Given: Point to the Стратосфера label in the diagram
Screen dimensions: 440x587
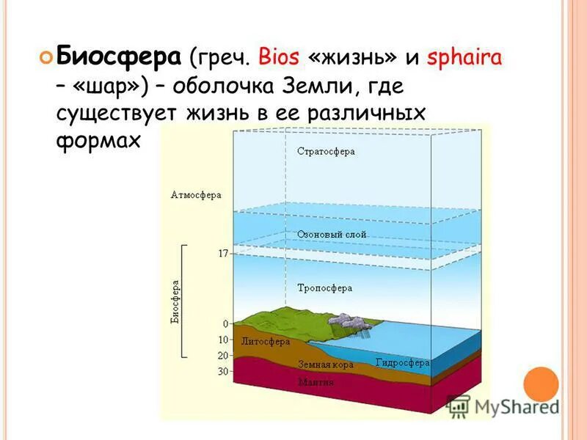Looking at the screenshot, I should click(327, 152).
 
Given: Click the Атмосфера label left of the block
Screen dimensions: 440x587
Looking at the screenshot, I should click(196, 195).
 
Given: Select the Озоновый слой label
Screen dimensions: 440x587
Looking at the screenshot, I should click(332, 234).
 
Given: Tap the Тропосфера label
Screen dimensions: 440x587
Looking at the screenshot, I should click(325, 287).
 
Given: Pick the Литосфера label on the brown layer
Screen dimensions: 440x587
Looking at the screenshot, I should click(265, 341).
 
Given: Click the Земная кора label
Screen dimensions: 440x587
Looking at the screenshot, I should click(326, 364).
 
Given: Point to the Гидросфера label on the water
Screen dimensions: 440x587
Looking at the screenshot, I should click(402, 362).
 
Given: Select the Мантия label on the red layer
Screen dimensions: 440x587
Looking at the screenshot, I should click(316, 382).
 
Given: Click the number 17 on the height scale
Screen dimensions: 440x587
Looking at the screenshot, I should click(223, 253).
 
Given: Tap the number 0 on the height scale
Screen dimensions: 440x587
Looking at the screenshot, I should click(226, 323).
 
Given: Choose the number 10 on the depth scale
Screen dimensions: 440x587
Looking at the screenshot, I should click(222, 340).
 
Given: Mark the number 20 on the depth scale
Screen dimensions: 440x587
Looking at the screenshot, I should click(222, 356).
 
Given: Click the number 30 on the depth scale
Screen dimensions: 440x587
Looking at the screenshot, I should click(222, 372).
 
